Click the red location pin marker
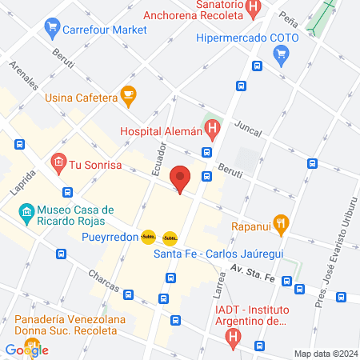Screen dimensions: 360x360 tap(181, 179)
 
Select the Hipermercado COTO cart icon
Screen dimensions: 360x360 tap(281, 55)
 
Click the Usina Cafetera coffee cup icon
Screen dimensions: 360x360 tap(128, 98)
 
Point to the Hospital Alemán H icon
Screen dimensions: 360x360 tap(212, 126)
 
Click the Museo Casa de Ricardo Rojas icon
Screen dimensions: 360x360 tap(25, 214)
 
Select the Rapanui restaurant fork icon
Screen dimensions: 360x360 tap(280, 225)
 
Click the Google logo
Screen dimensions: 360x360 tap(26, 349)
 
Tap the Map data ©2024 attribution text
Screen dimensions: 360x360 tap(323, 353)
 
